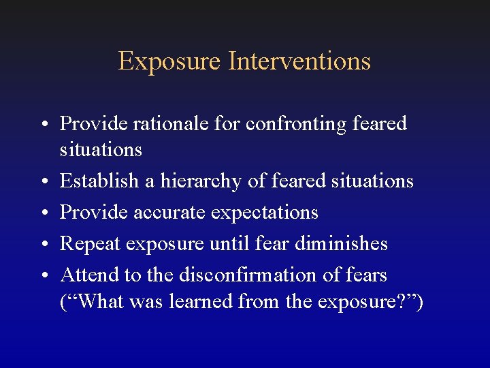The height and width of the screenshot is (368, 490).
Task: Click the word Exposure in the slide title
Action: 170,61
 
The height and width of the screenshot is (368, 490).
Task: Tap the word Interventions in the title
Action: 299,61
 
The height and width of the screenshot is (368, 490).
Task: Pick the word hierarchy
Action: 198,181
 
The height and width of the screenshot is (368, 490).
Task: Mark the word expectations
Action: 265,213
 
